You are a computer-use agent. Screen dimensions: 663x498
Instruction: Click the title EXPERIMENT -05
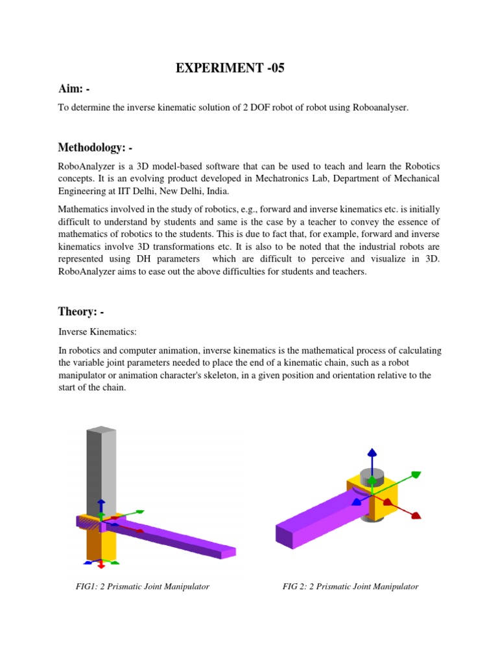click(x=230, y=69)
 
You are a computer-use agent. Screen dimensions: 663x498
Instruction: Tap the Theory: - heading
click(x=81, y=311)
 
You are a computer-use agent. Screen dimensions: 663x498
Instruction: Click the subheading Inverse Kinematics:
click(x=97, y=331)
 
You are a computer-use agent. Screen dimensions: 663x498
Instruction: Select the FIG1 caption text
click(x=143, y=587)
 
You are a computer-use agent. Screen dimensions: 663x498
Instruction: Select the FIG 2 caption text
click(x=350, y=587)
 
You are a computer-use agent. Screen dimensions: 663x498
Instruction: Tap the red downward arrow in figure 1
click(x=101, y=565)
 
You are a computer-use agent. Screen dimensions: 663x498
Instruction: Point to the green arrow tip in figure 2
click(x=416, y=475)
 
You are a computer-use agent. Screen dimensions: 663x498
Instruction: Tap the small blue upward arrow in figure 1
click(x=101, y=504)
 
